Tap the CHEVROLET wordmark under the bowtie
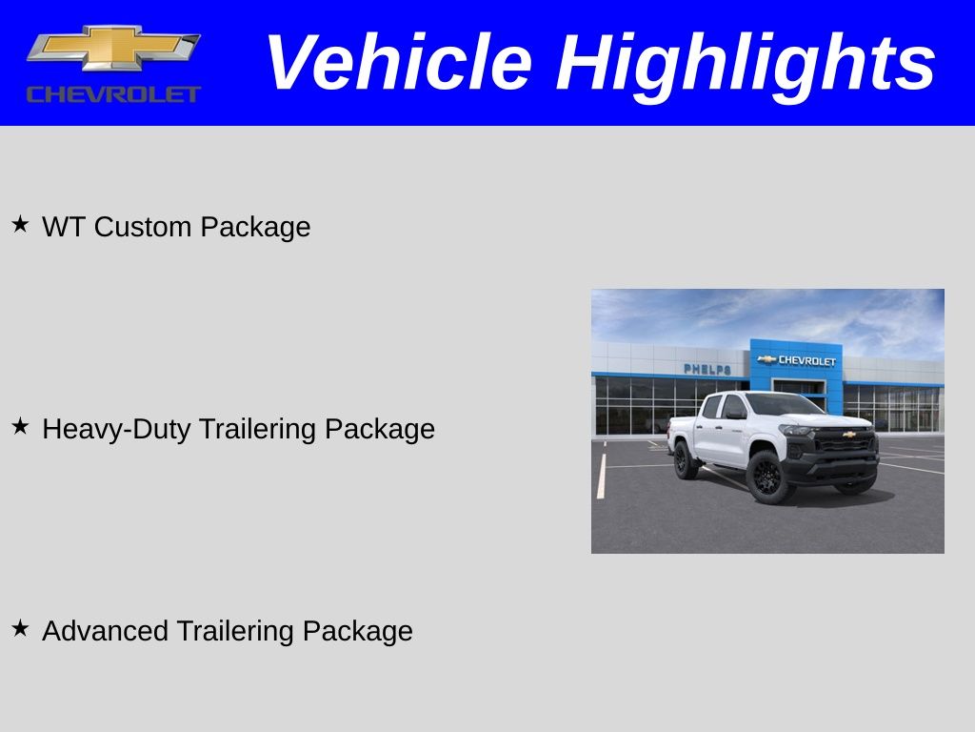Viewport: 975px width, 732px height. point(113,93)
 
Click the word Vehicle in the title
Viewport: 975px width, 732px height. point(398,63)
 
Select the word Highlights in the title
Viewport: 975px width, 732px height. point(746,63)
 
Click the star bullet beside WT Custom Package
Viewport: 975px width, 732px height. point(20,225)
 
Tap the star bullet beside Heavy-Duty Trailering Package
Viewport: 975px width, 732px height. point(20,427)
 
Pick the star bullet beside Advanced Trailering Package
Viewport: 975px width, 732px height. point(20,629)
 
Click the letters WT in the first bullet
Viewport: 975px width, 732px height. point(64,227)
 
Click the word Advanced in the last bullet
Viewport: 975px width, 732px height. point(106,631)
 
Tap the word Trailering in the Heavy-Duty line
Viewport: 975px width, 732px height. point(258,429)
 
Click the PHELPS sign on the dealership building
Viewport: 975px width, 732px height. point(706,369)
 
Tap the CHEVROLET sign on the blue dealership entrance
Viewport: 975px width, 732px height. point(798,360)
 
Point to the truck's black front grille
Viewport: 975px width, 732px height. point(846,441)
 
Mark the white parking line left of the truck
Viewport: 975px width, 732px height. point(601,476)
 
